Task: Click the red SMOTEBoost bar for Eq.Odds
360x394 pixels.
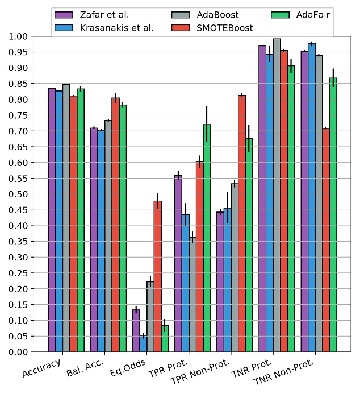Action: [158, 276]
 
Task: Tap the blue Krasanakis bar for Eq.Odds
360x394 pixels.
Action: [143, 344]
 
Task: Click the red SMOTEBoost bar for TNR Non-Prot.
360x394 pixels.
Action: [326, 240]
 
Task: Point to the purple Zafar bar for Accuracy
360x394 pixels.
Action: [52, 220]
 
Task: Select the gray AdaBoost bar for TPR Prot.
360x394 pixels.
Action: [192, 295]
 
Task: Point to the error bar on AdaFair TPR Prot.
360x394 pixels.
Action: [207, 124]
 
